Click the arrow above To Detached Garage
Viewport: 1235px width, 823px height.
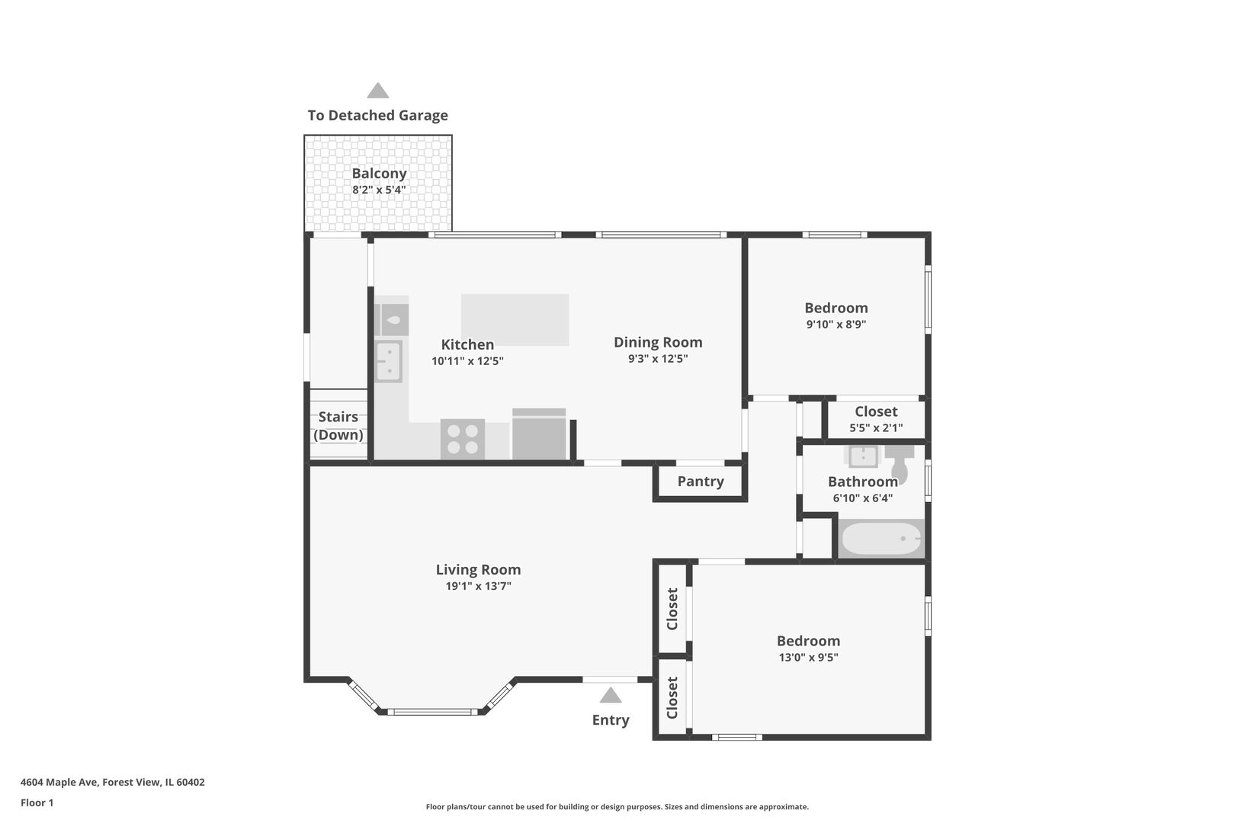tap(377, 91)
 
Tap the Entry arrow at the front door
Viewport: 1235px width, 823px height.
tap(610, 695)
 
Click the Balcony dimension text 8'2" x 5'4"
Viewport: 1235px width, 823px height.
tap(379, 190)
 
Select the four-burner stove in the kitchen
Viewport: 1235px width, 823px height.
tap(462, 439)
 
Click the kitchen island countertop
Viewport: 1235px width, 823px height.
tap(515, 319)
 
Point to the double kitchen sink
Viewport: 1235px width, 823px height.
tap(389, 361)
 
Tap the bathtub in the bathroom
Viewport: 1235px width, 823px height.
tap(881, 539)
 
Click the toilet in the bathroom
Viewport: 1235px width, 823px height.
tap(900, 465)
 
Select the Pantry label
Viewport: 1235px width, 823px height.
tap(700, 482)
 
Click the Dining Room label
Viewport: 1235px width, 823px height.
tap(658, 342)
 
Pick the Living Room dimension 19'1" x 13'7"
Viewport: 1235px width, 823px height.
tap(478, 586)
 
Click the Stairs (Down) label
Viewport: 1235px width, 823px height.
tap(338, 426)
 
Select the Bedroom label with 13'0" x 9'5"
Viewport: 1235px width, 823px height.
tap(808, 641)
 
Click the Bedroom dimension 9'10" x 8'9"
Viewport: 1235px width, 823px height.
tap(836, 325)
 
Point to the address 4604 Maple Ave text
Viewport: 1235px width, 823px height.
tap(112, 782)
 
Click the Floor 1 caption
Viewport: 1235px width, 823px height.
tap(37, 802)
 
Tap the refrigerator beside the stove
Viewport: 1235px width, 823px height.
tap(539, 436)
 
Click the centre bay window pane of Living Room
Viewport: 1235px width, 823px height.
tap(432, 712)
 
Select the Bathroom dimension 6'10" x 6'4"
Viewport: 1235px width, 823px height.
tap(862, 498)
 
